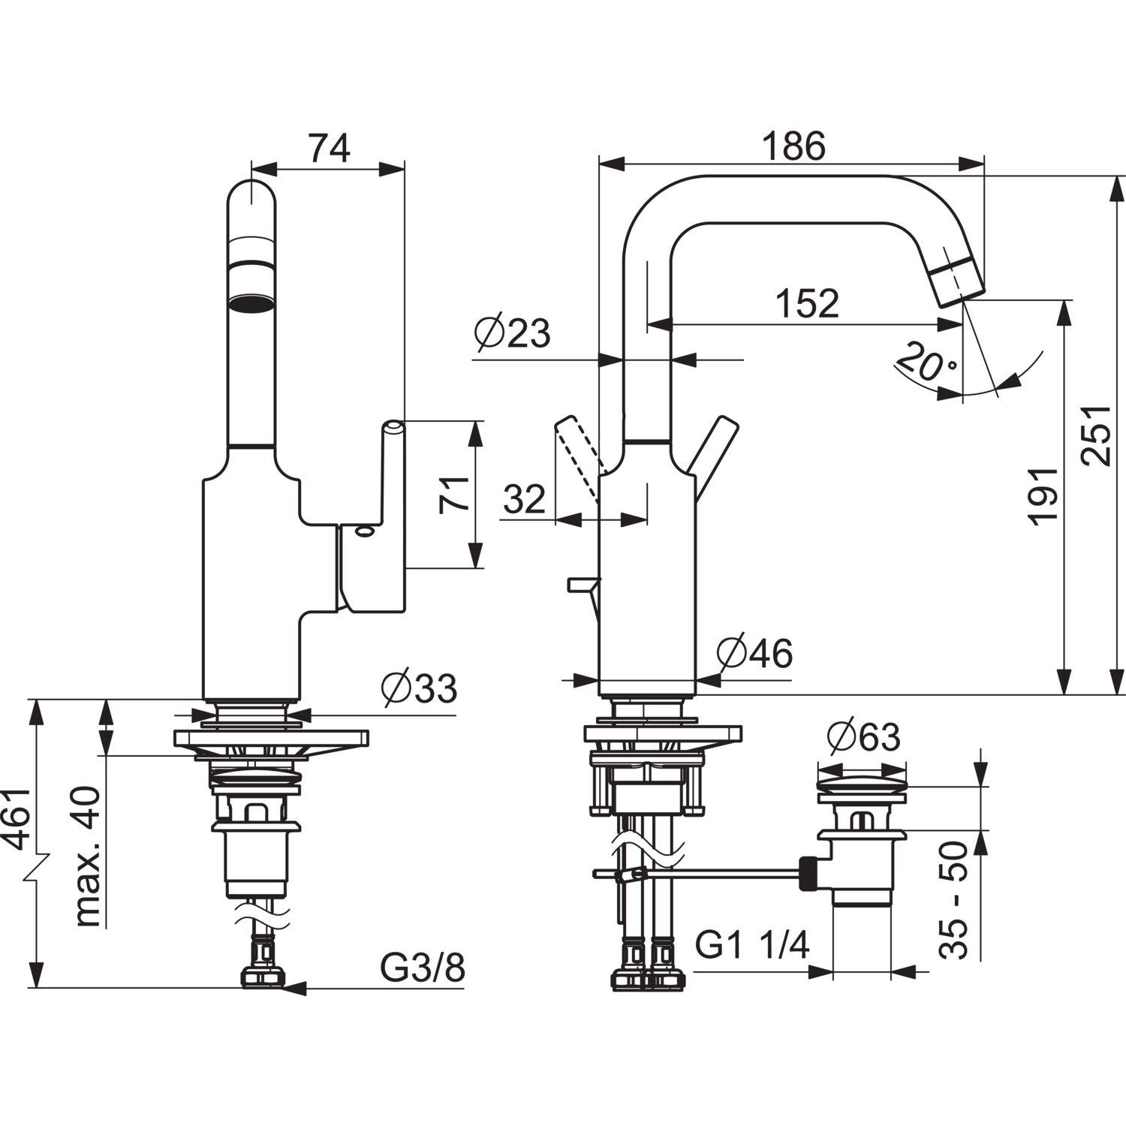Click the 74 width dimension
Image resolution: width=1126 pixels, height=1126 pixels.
pyautogui.click(x=330, y=149)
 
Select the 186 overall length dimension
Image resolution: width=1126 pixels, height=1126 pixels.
pyautogui.click(x=793, y=146)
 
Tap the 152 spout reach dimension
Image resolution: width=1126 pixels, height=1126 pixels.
pyautogui.click(x=806, y=303)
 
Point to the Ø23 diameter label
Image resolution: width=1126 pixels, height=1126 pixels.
pyautogui.click(x=513, y=333)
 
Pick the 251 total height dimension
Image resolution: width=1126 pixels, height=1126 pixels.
pyautogui.click(x=1097, y=435)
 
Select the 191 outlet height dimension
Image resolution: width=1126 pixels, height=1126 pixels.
pyautogui.click(x=1043, y=495)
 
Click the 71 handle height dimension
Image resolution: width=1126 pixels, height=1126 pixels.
pyautogui.click(x=455, y=494)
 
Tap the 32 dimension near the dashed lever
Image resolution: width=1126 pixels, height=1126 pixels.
pyautogui.click(x=524, y=499)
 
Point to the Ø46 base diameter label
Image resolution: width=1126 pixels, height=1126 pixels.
pyautogui.click(x=754, y=653)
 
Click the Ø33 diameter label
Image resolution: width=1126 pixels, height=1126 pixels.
pyautogui.click(x=419, y=688)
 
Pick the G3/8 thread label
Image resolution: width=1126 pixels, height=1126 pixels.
pyautogui.click(x=423, y=968)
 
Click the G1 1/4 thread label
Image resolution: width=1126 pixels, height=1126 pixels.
pyautogui.click(x=752, y=944)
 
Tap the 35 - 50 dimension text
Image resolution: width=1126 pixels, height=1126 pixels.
pyautogui.click(x=954, y=900)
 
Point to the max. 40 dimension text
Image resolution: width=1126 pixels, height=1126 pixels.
pyautogui.click(x=88, y=856)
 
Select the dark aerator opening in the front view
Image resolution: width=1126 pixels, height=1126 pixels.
pyautogui.click(x=251, y=303)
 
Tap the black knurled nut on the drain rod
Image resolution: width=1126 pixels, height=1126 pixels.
pyautogui.click(x=808, y=872)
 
